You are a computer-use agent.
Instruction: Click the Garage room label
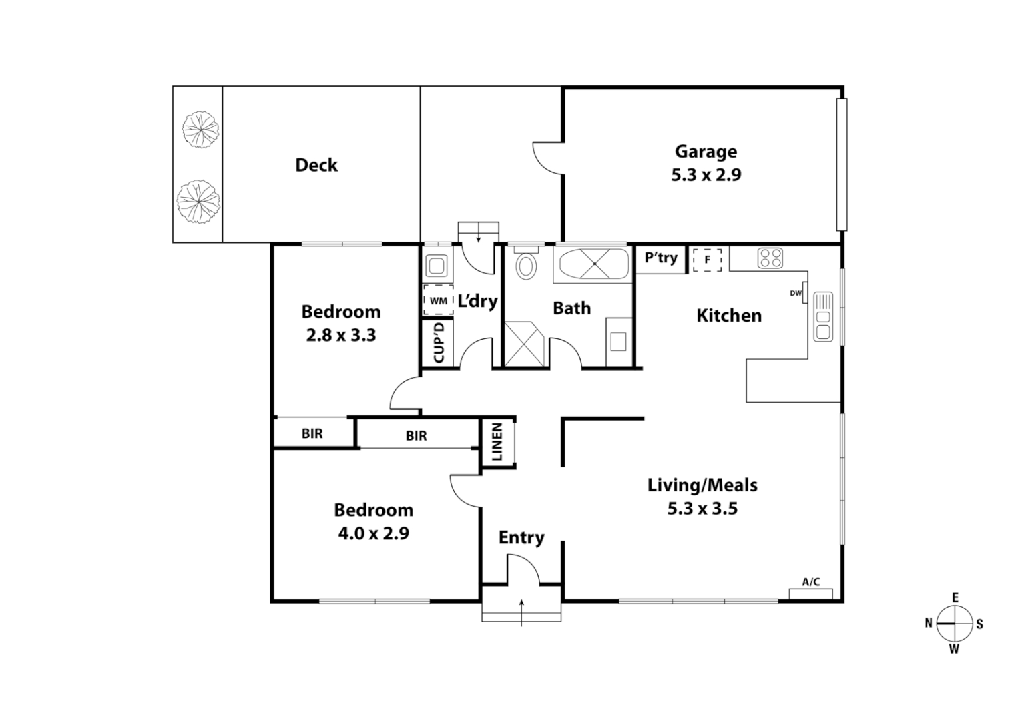[706, 152]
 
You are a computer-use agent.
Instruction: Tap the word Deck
[316, 165]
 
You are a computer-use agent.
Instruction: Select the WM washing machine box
[438, 300]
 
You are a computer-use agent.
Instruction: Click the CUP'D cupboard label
[439, 342]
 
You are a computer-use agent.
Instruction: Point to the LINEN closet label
[497, 442]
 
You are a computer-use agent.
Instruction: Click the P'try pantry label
[661, 258]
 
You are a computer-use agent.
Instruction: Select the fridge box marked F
[707, 260]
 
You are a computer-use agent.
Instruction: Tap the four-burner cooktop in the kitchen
[770, 258]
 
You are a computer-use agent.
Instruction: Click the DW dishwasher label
[796, 293]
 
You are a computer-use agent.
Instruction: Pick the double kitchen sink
[823, 317]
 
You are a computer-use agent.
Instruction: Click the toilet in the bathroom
[527, 264]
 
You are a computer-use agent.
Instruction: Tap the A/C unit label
[810, 582]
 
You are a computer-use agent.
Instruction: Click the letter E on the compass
[955, 598]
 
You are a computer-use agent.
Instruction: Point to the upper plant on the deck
[200, 129]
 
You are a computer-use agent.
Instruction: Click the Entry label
[521, 537]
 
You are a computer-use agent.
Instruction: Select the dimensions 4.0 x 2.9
[373, 533]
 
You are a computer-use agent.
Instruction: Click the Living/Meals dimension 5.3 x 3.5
[702, 509]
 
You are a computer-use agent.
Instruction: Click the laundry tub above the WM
[437, 266]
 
